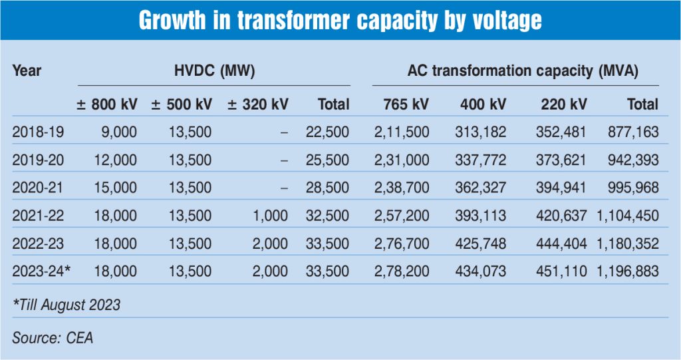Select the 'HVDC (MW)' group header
213,70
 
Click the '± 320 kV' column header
257,104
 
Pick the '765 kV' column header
406,104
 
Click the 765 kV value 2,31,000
402,160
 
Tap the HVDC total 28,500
327,188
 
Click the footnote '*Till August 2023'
67,305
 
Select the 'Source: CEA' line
53,337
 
